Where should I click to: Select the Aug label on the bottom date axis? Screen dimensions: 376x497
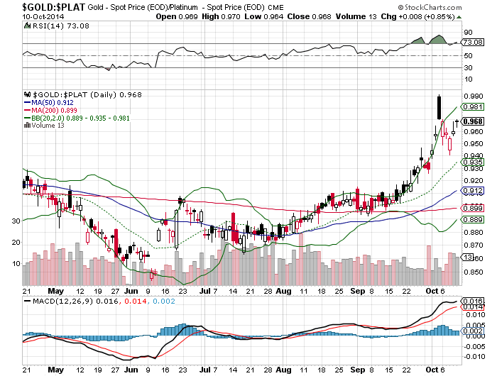(x=283, y=291)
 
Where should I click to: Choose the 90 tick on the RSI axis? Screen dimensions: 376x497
(x=469, y=32)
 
